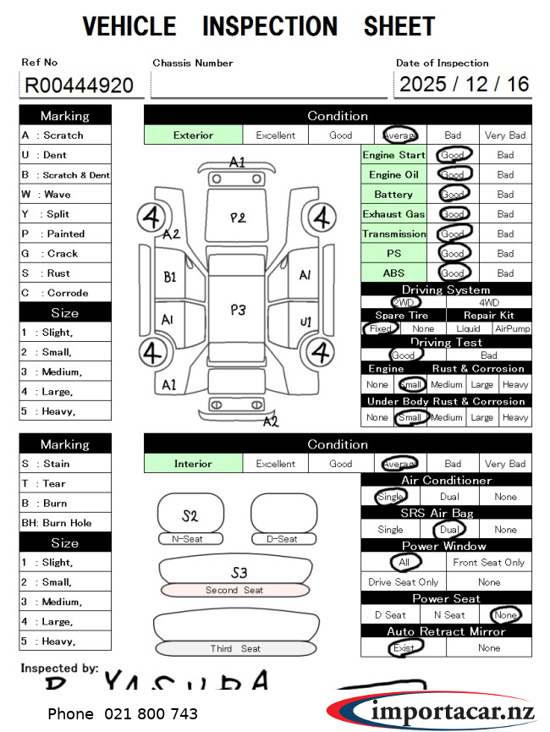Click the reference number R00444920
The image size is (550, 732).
pos(79,85)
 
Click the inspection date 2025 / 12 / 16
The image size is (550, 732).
pos(464,84)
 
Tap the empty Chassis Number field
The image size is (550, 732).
pos(268,85)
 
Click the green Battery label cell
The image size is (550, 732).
pos(393,194)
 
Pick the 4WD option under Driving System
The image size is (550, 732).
pos(489,302)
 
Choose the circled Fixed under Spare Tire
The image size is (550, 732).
pos(381,328)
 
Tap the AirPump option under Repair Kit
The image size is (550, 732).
pos(512,328)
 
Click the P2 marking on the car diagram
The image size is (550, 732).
pos(238,217)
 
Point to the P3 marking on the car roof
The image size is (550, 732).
pos(238,310)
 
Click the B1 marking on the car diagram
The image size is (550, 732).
pos(170,276)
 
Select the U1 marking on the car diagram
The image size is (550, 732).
pos(305,322)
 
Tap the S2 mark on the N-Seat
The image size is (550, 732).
pos(190,515)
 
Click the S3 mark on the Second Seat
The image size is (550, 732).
pos(239,573)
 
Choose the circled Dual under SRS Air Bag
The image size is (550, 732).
pos(448,530)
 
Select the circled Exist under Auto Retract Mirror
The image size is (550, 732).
pos(404,647)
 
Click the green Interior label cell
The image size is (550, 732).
pos(193,464)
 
